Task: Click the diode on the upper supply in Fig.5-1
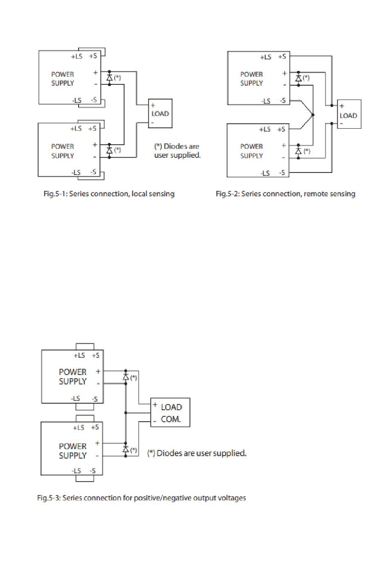coord(109,78)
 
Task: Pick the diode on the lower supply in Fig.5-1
coord(109,150)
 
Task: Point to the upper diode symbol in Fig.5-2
coord(299,78)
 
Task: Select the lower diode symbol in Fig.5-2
coord(299,151)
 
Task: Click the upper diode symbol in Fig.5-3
coord(126,377)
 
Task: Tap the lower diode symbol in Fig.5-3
coord(126,450)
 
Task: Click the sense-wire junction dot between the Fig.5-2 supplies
coord(313,115)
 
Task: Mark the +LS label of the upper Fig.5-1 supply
coord(77,56)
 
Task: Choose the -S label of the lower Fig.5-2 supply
coord(282,173)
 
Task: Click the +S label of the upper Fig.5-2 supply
coord(282,57)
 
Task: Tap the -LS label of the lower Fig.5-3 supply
coord(76,471)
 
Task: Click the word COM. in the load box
coord(171,419)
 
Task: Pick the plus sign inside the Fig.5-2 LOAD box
coord(342,106)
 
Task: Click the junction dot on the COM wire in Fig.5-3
coord(126,413)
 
